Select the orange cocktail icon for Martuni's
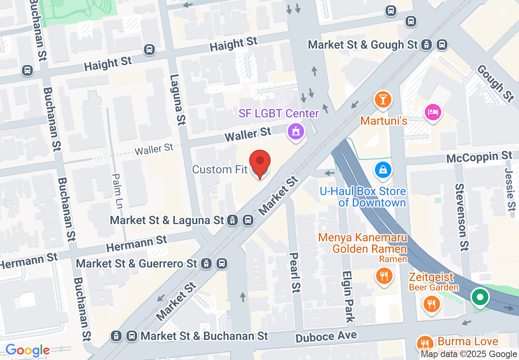[383, 99]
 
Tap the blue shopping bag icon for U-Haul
[383, 169]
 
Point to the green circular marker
[481, 297]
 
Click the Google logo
[27, 350]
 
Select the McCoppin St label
[479, 157]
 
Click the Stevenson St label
[461, 217]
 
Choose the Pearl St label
[295, 272]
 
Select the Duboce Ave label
[326, 337]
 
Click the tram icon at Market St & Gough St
[427, 45]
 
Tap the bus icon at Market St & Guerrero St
[222, 263]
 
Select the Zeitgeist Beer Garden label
[433, 282]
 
